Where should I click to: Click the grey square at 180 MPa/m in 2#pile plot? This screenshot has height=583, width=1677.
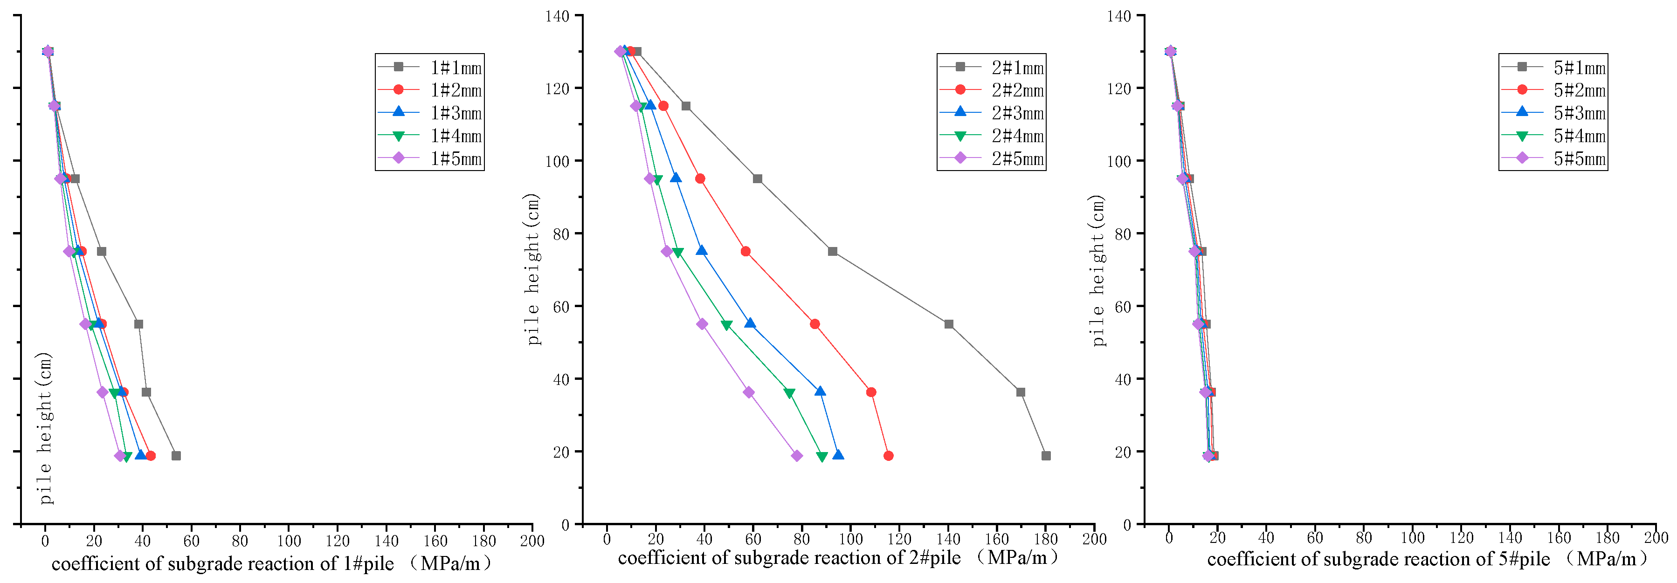(1046, 455)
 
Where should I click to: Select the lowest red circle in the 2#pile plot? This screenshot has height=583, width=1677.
(889, 455)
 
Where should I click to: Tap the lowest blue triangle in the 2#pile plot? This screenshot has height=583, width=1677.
(838, 455)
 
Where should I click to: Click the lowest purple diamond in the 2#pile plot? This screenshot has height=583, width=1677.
(797, 455)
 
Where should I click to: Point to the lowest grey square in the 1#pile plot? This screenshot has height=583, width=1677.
(176, 455)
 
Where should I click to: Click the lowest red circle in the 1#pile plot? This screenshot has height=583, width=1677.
(151, 455)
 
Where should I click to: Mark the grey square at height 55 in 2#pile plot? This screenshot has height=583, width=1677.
(948, 324)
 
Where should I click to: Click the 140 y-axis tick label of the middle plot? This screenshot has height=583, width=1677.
(557, 16)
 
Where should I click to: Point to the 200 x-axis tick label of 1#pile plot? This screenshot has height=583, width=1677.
(532, 541)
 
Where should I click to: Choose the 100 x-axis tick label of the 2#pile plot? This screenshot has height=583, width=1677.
(850, 539)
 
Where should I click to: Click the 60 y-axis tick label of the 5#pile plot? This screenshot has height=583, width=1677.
(1122, 307)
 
